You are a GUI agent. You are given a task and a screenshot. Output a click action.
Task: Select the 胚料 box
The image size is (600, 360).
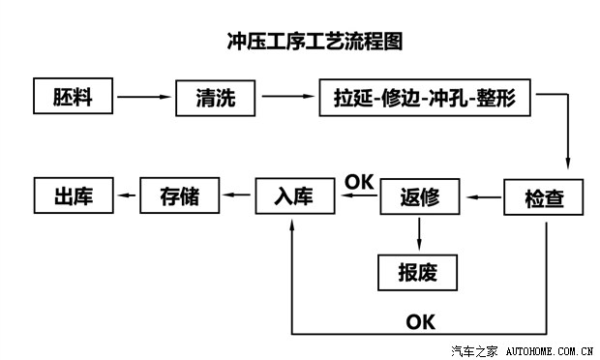click(x=75, y=98)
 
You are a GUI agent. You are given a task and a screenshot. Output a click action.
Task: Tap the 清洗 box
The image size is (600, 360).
click(x=219, y=98)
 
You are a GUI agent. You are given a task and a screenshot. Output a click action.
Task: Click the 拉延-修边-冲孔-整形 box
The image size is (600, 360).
click(x=425, y=98)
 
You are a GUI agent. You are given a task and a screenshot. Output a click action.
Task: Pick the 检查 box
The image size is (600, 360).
click(x=545, y=197)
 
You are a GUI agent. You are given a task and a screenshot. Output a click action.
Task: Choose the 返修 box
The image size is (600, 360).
click(x=419, y=197)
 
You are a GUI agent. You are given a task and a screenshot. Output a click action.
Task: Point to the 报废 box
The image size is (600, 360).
click(x=417, y=272)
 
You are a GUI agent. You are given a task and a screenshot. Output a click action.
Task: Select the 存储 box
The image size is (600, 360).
click(x=180, y=196)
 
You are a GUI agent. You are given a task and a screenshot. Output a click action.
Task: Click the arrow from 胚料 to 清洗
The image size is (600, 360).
click(x=145, y=98)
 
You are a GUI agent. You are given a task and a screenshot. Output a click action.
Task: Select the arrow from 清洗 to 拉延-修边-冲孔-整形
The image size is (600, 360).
click(x=289, y=98)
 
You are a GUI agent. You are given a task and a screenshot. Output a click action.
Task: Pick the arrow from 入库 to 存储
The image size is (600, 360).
click(x=238, y=196)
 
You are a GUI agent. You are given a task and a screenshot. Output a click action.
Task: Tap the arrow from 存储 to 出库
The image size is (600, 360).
click(x=127, y=196)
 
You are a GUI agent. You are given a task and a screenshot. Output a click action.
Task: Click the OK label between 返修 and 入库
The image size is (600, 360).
click(x=359, y=181)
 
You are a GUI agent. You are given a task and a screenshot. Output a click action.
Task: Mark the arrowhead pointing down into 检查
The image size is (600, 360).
click(x=568, y=166)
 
